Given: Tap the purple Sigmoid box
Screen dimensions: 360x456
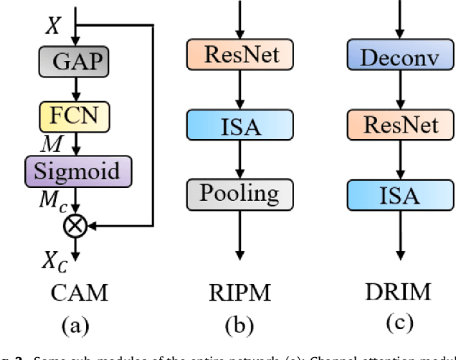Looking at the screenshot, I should pyautogui.click(x=76, y=173).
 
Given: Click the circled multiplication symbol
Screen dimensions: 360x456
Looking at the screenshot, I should pyautogui.click(x=76, y=227).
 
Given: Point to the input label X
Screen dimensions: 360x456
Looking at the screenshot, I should pyautogui.click(x=52, y=27).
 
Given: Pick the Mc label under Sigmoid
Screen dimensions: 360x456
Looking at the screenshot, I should pyautogui.click(x=54, y=202).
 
